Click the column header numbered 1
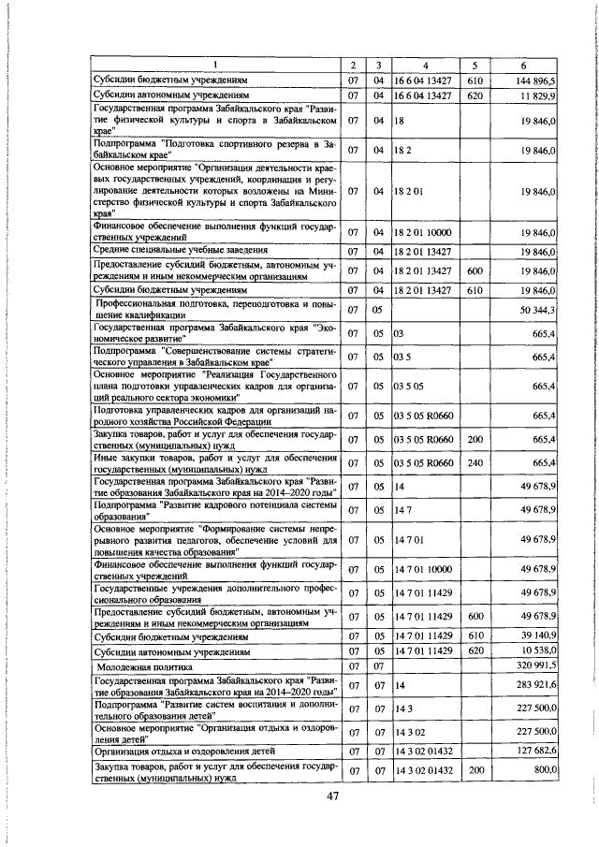[x=215, y=65]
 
